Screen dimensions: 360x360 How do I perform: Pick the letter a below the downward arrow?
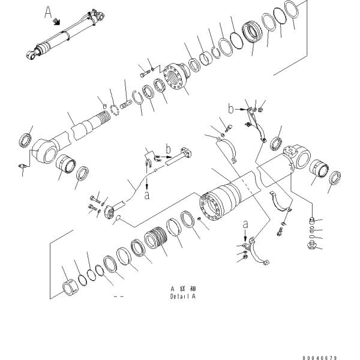[148, 194]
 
